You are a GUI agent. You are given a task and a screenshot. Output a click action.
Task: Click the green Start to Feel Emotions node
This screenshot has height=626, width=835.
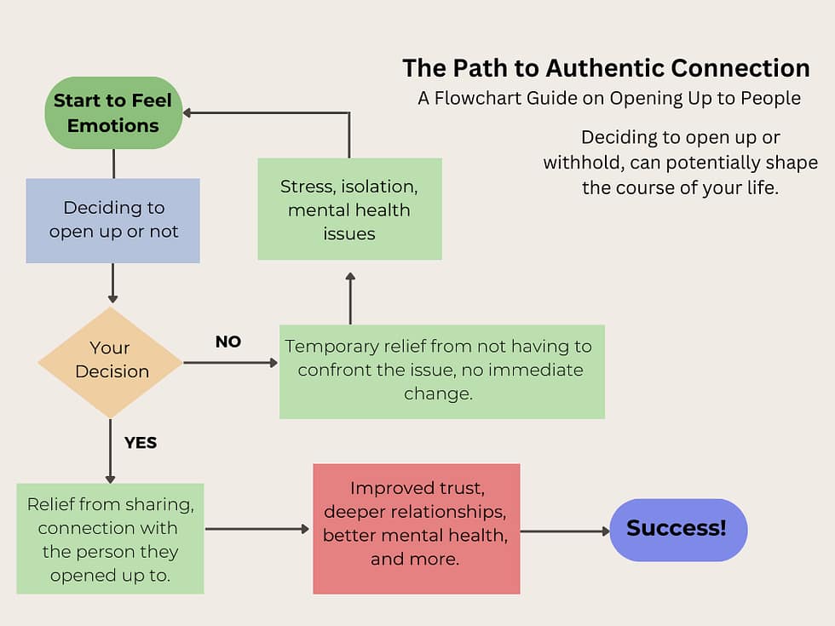pos(113,112)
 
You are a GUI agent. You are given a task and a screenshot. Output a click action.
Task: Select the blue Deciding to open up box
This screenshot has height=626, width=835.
pos(113,220)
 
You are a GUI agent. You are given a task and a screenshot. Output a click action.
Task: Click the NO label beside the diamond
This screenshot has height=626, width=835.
pos(228,342)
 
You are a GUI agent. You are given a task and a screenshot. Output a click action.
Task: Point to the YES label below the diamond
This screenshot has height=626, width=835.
pos(141,443)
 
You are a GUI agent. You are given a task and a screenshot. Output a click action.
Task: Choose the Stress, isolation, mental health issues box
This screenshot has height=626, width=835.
pos(349,209)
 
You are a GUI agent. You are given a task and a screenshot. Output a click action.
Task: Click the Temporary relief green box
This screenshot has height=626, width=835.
pos(441,371)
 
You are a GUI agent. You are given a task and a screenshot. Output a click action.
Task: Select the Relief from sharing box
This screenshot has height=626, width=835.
pos(111,538)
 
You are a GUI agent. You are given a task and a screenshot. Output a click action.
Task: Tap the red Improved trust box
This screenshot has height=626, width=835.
pos(416,528)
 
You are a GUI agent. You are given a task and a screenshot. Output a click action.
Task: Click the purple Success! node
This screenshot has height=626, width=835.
pos(677,529)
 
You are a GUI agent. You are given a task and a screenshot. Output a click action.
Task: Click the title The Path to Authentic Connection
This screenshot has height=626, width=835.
pos(606,68)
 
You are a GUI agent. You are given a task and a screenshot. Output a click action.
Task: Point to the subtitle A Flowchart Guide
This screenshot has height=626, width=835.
pos(608,98)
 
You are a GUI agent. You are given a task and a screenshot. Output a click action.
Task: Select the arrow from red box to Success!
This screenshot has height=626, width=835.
pos(564,531)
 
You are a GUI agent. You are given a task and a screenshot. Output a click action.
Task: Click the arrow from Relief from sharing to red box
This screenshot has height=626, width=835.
pos(257,529)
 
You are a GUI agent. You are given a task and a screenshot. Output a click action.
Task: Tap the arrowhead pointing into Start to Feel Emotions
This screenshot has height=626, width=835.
pos(188,112)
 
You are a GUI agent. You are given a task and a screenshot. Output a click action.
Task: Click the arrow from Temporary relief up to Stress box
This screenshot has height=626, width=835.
pos(350,298)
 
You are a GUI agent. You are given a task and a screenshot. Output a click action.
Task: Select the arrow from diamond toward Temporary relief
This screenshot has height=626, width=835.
pos(230,363)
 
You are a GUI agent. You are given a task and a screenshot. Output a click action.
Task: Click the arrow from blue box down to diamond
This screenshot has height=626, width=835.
pos(112,283)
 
